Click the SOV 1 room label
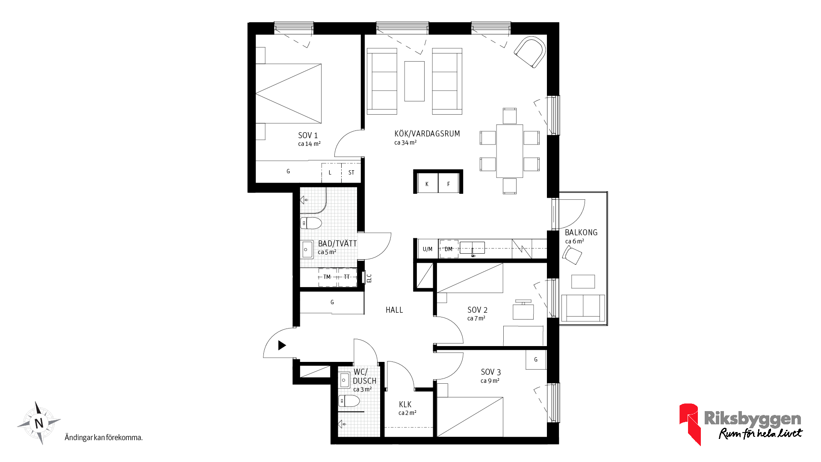tap(308, 136)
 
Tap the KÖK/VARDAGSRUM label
tap(427, 133)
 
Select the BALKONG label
tap(581, 233)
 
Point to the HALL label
tap(394, 310)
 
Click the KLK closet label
tap(405, 405)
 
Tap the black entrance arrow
tap(282, 345)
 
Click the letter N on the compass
tap(39, 423)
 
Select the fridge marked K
tap(427, 183)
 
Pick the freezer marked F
tap(449, 183)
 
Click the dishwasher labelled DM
tap(449, 249)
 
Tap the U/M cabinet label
tap(428, 249)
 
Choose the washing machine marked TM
tap(328, 277)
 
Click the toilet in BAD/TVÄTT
tap(311, 223)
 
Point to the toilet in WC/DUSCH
tap(349, 401)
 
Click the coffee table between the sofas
tap(414, 81)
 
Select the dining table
tap(510, 151)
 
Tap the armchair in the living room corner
tap(530, 52)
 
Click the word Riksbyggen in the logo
tap(753, 418)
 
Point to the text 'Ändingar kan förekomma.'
tap(103, 438)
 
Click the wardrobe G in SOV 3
tap(536, 359)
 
